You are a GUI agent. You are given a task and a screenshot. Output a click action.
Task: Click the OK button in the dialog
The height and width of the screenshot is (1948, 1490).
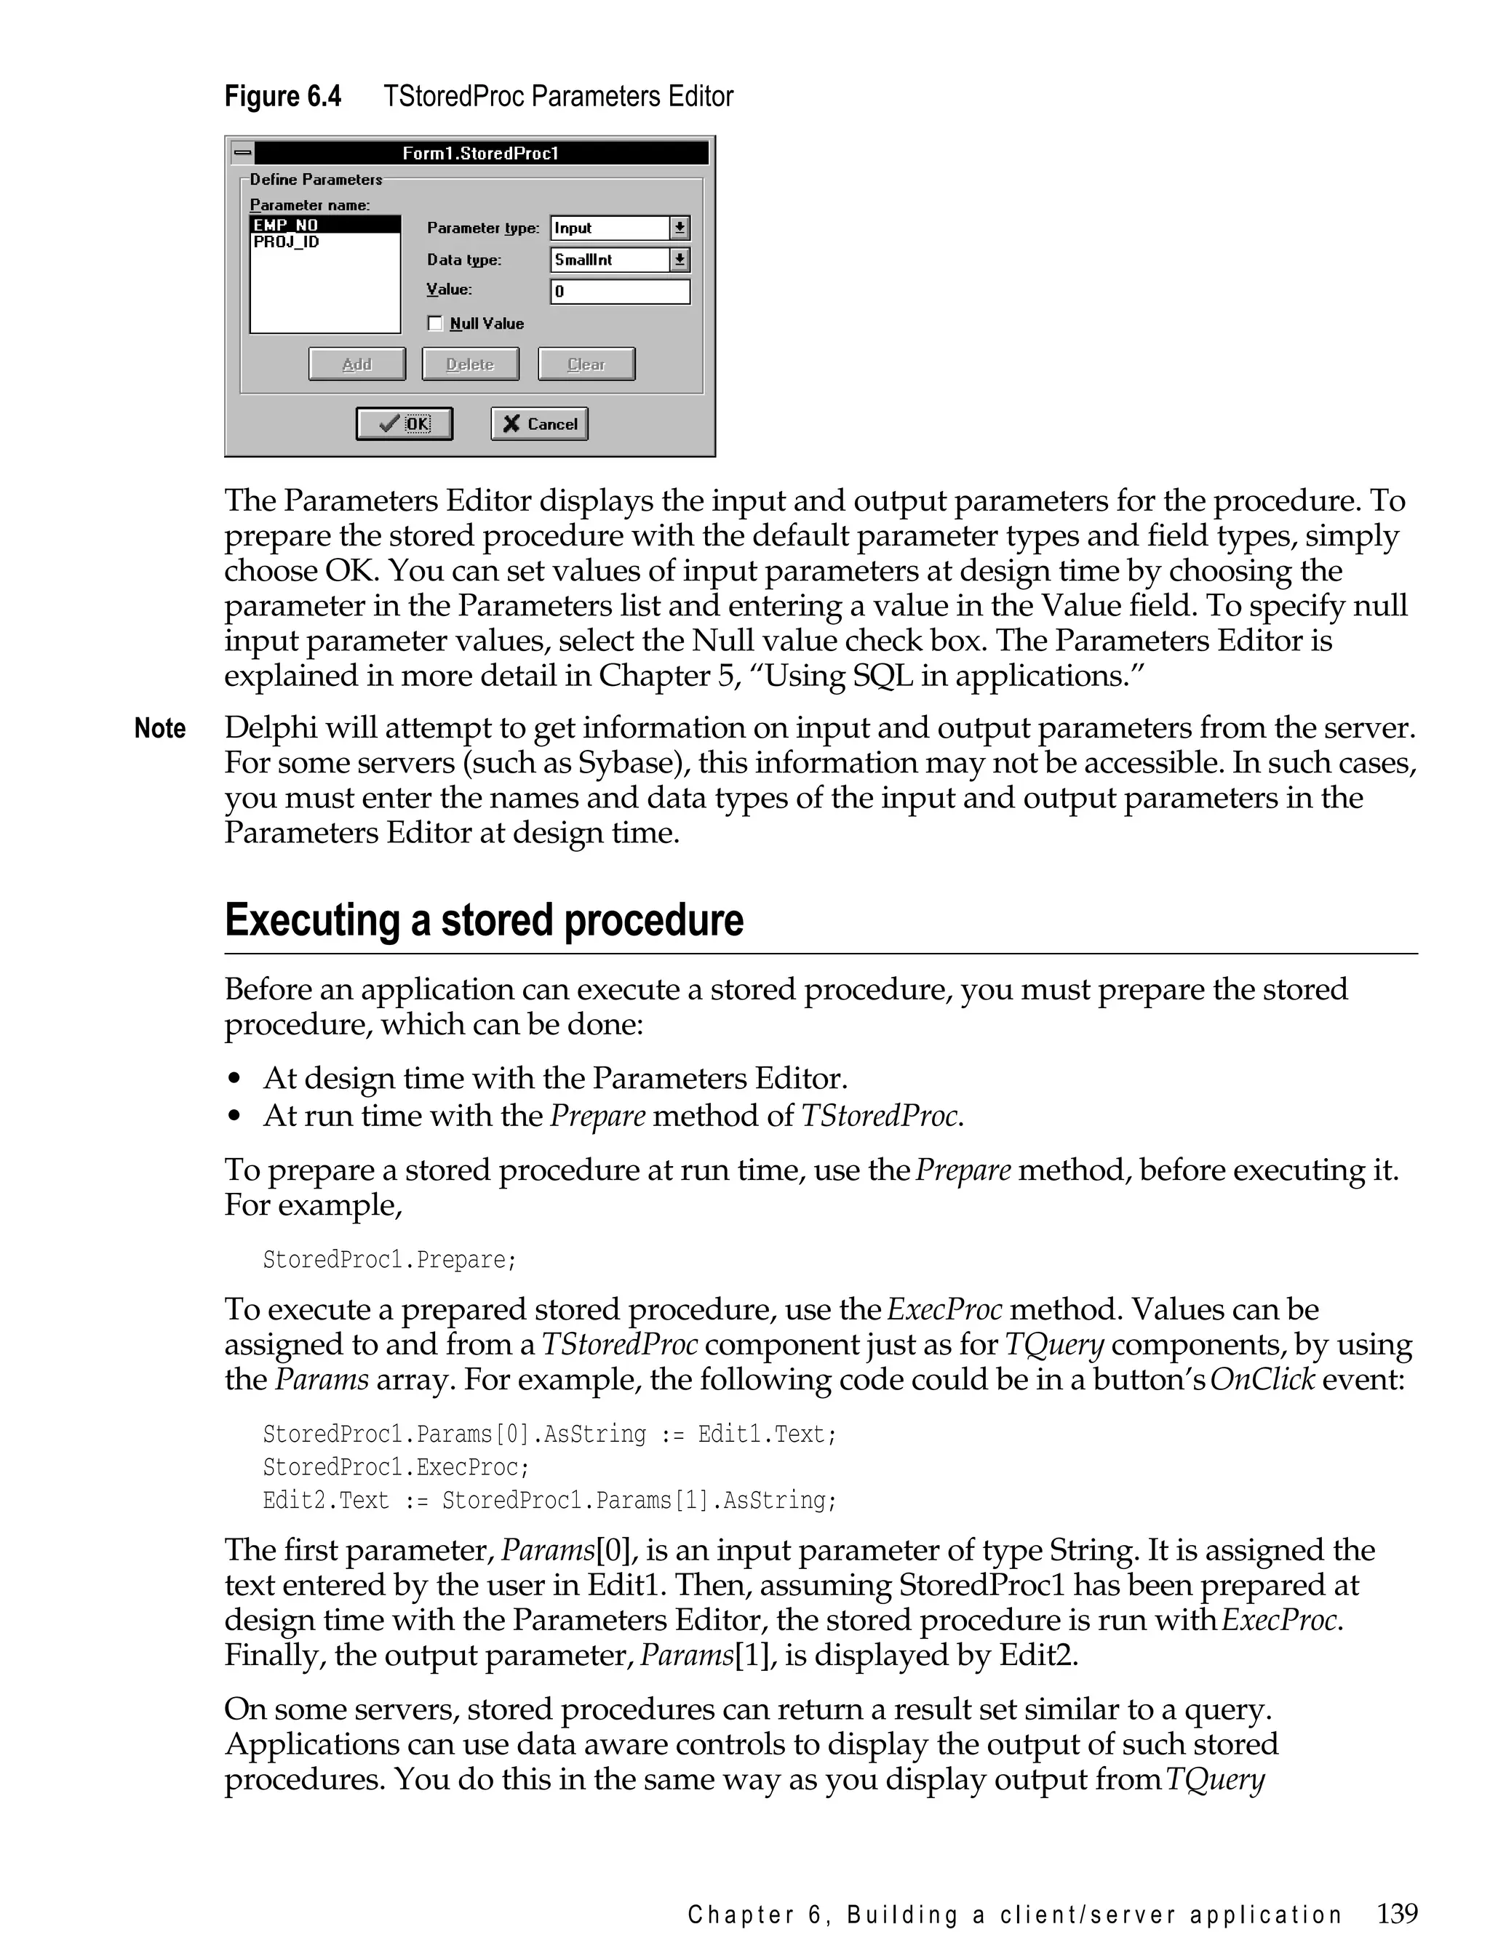coord(405,424)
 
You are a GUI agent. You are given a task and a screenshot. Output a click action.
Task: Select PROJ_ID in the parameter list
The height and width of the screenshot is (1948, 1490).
coord(287,242)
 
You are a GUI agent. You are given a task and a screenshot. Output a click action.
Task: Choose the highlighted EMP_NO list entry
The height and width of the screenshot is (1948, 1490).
coord(286,225)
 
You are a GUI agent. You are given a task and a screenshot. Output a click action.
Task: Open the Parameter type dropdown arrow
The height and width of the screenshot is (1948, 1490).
coord(680,228)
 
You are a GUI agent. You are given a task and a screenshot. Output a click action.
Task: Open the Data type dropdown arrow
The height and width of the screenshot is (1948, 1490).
coord(680,260)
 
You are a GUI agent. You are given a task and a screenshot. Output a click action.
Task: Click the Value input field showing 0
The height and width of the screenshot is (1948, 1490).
coord(620,292)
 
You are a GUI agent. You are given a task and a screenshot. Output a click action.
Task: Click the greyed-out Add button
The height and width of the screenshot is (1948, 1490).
coord(356,364)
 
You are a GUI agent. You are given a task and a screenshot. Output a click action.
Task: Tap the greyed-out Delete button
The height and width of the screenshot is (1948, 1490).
coord(470,364)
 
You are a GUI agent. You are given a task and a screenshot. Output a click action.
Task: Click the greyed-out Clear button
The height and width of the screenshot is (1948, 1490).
coord(586,364)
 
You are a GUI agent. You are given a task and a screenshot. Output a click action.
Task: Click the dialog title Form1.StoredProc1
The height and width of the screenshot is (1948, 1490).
coord(481,153)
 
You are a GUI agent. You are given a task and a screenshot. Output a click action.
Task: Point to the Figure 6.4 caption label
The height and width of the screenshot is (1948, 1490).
coord(283,96)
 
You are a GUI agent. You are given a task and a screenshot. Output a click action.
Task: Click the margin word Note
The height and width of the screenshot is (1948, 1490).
coord(159,729)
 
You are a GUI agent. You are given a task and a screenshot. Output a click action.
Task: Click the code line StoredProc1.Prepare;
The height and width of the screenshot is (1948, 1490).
coord(389,1260)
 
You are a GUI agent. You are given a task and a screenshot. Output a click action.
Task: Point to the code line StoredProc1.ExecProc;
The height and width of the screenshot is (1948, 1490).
coord(396,1466)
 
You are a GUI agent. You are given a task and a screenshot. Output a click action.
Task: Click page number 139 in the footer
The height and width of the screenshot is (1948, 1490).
coord(1397,1913)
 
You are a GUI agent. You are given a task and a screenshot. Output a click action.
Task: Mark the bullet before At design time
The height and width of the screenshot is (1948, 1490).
coord(234,1079)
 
